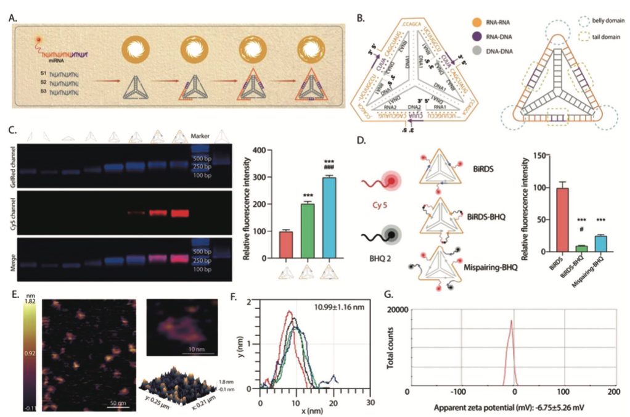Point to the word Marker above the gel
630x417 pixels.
click(202, 136)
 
